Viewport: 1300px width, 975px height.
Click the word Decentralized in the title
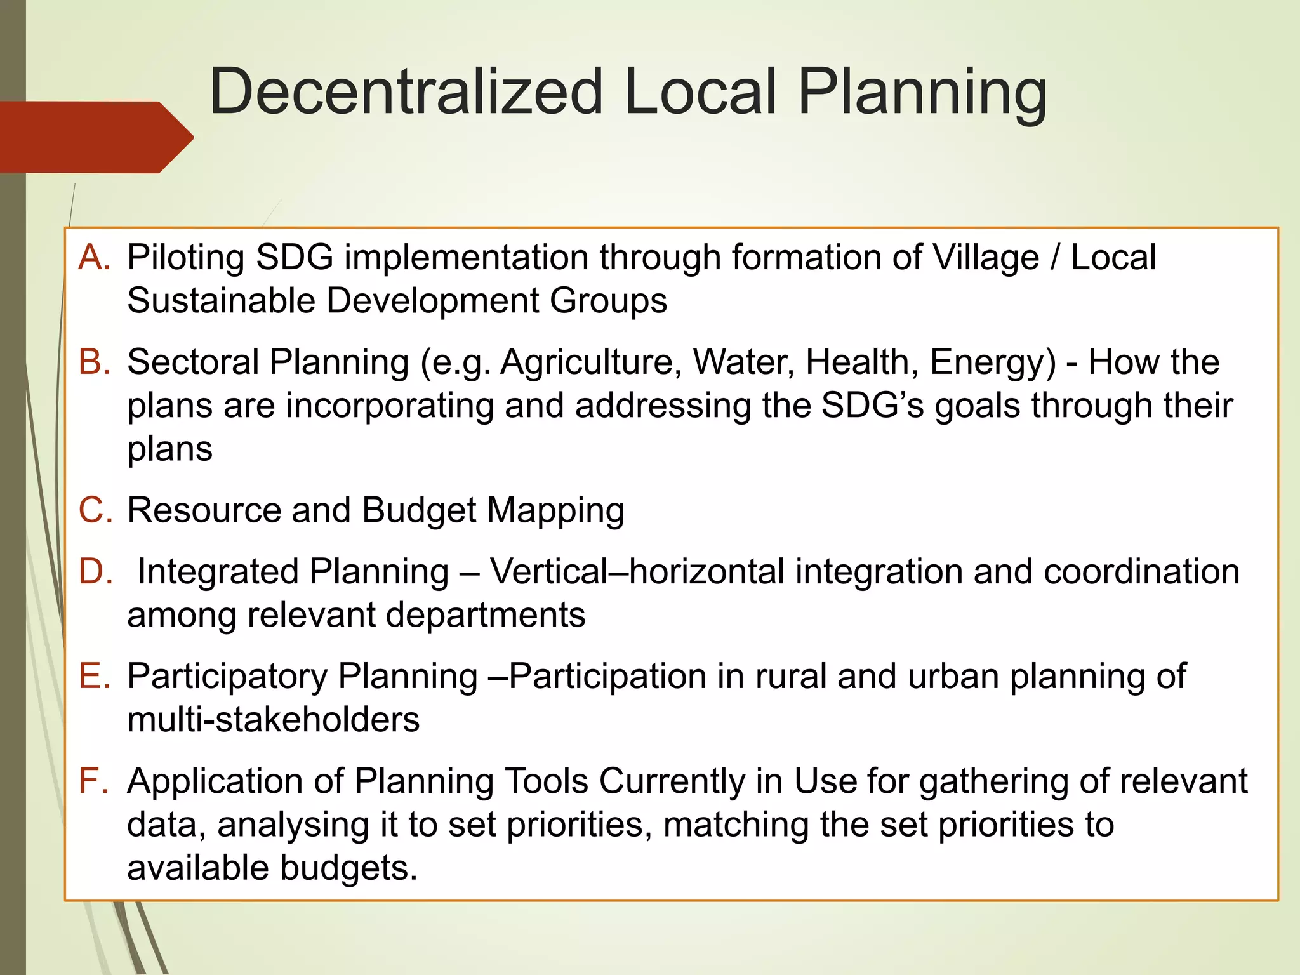406,92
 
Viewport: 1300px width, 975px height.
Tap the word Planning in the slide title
922,92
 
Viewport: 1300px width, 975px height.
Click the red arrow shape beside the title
95,137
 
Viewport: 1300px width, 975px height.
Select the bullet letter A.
93,257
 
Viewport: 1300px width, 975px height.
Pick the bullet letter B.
94,362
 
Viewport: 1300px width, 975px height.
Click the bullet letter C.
95,510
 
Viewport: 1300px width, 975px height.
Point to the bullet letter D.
95,571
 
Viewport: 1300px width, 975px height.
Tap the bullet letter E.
94,676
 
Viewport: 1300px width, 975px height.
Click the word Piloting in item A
186,258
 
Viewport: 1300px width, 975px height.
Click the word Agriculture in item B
591,363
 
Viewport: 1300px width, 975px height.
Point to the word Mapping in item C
555,511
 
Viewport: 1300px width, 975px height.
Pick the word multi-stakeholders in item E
274,720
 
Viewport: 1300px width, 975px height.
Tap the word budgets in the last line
348,868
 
